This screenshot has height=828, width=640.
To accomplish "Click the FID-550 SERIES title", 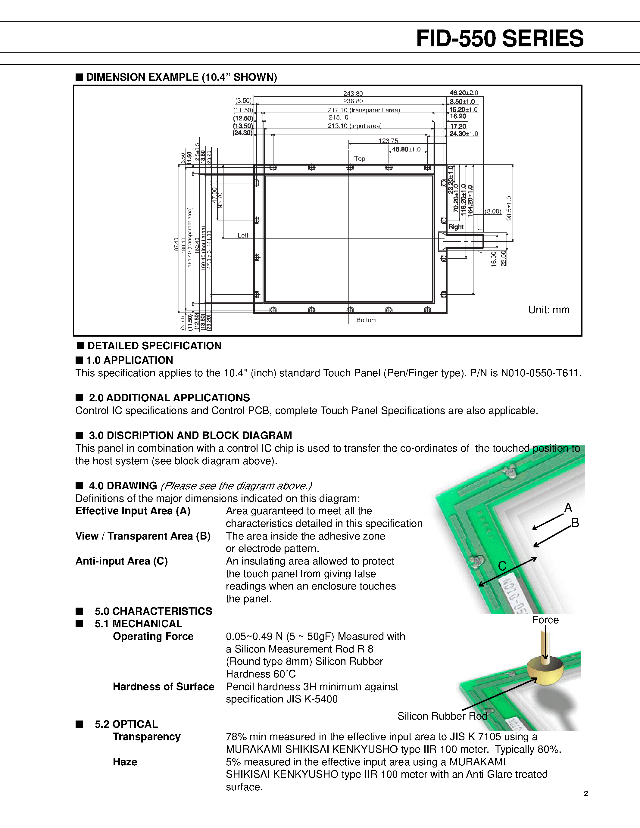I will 499,39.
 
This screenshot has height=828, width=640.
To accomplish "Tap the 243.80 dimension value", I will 353,94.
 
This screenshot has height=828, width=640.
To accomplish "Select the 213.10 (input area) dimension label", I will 354,126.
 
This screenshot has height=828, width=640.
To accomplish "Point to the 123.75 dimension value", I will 388,141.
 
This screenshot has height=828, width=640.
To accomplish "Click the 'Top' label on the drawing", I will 359,158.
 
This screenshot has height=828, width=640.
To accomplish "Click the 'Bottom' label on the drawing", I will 366,320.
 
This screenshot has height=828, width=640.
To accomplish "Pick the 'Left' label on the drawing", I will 243,235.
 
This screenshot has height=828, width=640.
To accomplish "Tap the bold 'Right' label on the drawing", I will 456,227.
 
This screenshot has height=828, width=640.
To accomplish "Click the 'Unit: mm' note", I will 549,310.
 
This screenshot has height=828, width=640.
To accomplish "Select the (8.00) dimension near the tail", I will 493,211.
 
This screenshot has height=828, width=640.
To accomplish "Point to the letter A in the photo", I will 568,508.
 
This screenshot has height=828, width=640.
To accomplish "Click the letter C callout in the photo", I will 502,566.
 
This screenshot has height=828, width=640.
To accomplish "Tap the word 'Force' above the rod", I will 545,620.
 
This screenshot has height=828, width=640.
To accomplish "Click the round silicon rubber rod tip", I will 545,671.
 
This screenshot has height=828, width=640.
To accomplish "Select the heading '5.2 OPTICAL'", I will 126,724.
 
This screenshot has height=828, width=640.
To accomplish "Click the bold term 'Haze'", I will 125,762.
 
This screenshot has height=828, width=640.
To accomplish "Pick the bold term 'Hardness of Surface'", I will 164,686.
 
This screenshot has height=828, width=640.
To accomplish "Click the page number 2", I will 586,793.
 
